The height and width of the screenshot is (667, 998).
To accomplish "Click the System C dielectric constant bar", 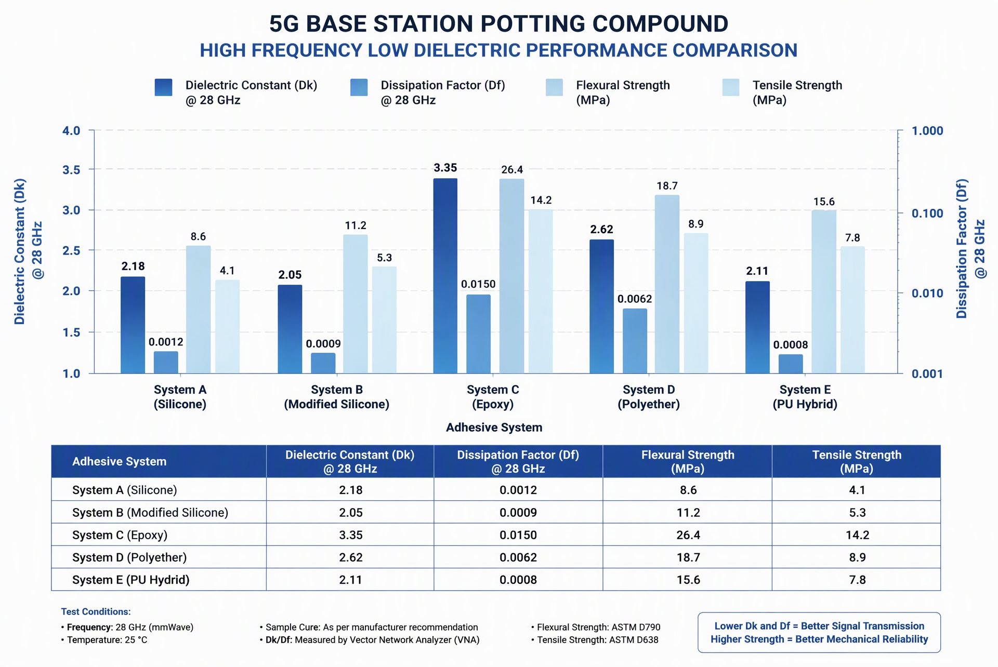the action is click(445, 276).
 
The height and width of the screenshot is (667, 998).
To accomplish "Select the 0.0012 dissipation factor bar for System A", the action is click(166, 363).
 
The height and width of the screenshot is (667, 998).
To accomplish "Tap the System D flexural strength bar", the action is click(667, 284).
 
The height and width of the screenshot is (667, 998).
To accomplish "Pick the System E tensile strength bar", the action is click(853, 310).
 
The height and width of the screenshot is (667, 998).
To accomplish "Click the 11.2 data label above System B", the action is click(356, 225).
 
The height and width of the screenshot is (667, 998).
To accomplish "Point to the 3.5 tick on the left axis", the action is click(71, 170).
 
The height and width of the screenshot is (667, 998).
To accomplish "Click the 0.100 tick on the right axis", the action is click(927, 213).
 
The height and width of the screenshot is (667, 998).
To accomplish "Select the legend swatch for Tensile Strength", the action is click(731, 88).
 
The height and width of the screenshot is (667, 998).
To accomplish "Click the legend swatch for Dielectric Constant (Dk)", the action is click(163, 88).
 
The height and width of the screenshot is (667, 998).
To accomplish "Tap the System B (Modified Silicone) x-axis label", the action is click(337, 397).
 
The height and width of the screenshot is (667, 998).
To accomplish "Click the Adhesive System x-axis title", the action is click(494, 428).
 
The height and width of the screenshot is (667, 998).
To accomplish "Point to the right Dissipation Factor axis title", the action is click(970, 249).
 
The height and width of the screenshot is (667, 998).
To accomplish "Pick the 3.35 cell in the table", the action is click(351, 535).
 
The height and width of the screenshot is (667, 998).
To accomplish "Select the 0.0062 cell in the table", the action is click(518, 557).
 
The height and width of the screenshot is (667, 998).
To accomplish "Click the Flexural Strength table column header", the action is click(688, 461).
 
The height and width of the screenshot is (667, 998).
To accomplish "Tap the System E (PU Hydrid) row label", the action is click(131, 580).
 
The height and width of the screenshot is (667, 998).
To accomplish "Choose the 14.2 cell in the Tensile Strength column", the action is click(857, 535).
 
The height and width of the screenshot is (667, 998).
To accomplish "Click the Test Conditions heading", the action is click(96, 611).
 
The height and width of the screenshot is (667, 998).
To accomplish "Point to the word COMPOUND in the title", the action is click(660, 23).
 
